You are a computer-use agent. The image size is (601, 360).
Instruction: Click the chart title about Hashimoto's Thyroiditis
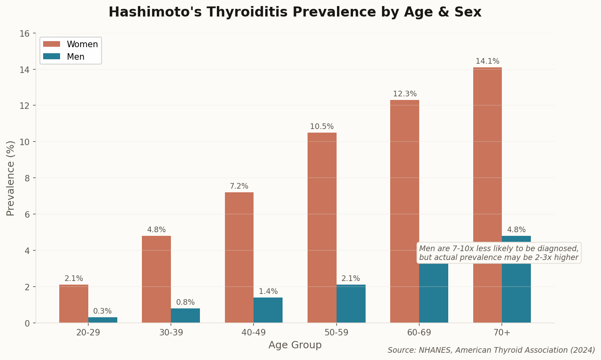coord(295,12)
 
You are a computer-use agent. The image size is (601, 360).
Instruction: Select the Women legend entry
coord(82,44)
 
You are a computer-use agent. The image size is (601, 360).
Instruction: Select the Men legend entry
coord(75,57)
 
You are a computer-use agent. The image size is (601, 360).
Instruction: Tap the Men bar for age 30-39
coord(185,316)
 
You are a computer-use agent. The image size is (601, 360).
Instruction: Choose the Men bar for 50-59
coord(351,304)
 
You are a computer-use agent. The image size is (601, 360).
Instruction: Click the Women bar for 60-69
coord(405,211)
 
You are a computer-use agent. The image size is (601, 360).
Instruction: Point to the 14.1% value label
coord(487,61)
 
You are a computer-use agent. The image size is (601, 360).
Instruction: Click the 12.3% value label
coord(405,94)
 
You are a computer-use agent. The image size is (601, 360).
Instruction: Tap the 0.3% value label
coord(102,311)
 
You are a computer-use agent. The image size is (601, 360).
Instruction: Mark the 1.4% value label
coord(268,291)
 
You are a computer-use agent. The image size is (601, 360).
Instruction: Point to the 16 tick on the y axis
coord(25,33)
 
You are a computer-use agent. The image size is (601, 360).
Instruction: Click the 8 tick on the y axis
coord(27,178)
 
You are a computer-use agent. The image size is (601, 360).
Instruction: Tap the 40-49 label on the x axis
coord(254,333)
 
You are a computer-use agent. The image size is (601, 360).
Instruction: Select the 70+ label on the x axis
coord(502,333)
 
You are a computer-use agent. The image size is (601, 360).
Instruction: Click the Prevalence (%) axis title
coord(11,178)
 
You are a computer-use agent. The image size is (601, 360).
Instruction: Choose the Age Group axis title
coord(295,345)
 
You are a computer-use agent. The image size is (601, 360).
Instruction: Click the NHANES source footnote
coord(491,350)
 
